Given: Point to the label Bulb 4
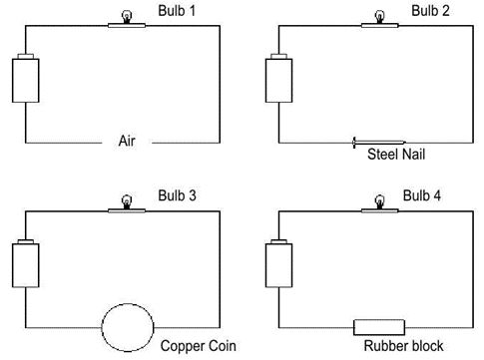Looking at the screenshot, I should coord(430,193).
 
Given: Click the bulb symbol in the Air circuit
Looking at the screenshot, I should coord(127,16).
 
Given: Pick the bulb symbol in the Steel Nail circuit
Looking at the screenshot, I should coord(379,16).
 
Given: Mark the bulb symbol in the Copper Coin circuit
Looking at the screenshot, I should coord(127,201).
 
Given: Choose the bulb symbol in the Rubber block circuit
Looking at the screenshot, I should coord(379,201).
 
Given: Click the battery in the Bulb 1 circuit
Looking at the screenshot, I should coord(25,79).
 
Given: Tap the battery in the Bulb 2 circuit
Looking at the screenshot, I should coord(278,79).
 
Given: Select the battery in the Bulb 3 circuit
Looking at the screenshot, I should coord(25,264).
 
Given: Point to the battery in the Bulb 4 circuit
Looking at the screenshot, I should coord(278,264).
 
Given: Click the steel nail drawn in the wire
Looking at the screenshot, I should coord(378,142).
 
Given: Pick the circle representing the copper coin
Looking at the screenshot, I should coord(127,326).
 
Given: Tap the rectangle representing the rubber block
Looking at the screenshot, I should coord(379,326).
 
